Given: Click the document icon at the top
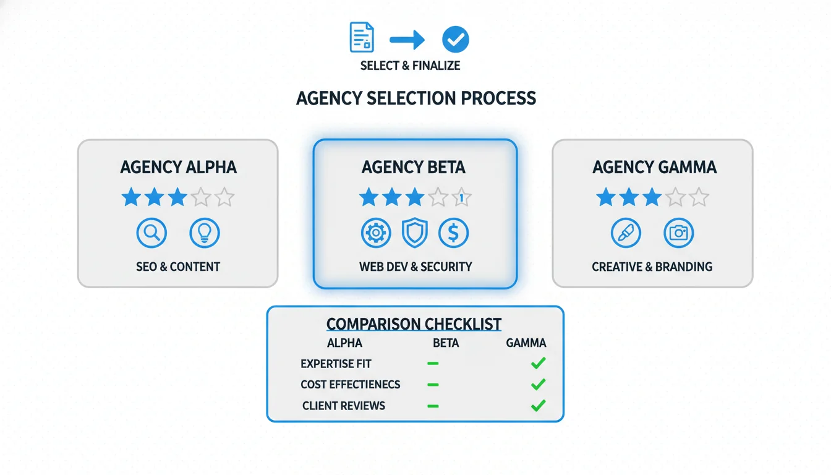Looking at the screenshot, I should point(362,37).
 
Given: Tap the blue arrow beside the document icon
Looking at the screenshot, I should point(407,41).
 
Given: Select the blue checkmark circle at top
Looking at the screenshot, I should point(456,40).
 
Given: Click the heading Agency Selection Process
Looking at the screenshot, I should point(415,98).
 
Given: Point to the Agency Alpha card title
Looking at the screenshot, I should point(178,167).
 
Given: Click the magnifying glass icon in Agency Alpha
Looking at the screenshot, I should point(151,233).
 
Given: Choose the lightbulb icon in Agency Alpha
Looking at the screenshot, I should point(205,233).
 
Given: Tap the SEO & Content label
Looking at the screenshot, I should point(178,267).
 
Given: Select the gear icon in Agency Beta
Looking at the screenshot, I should point(376,233).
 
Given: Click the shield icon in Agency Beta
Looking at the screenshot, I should point(415,233).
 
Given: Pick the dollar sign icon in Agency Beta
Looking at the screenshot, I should point(453,233).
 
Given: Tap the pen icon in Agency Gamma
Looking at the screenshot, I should point(626,233).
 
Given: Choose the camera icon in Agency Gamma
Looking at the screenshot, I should point(678,233).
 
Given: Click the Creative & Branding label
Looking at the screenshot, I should point(652,267).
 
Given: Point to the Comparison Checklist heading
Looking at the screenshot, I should point(414,324).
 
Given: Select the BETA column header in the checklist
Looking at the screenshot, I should point(446,343).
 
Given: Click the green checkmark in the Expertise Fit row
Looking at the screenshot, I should point(539,364).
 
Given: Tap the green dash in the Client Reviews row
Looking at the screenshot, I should point(433,406).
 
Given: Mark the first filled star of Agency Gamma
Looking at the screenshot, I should point(606,198).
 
